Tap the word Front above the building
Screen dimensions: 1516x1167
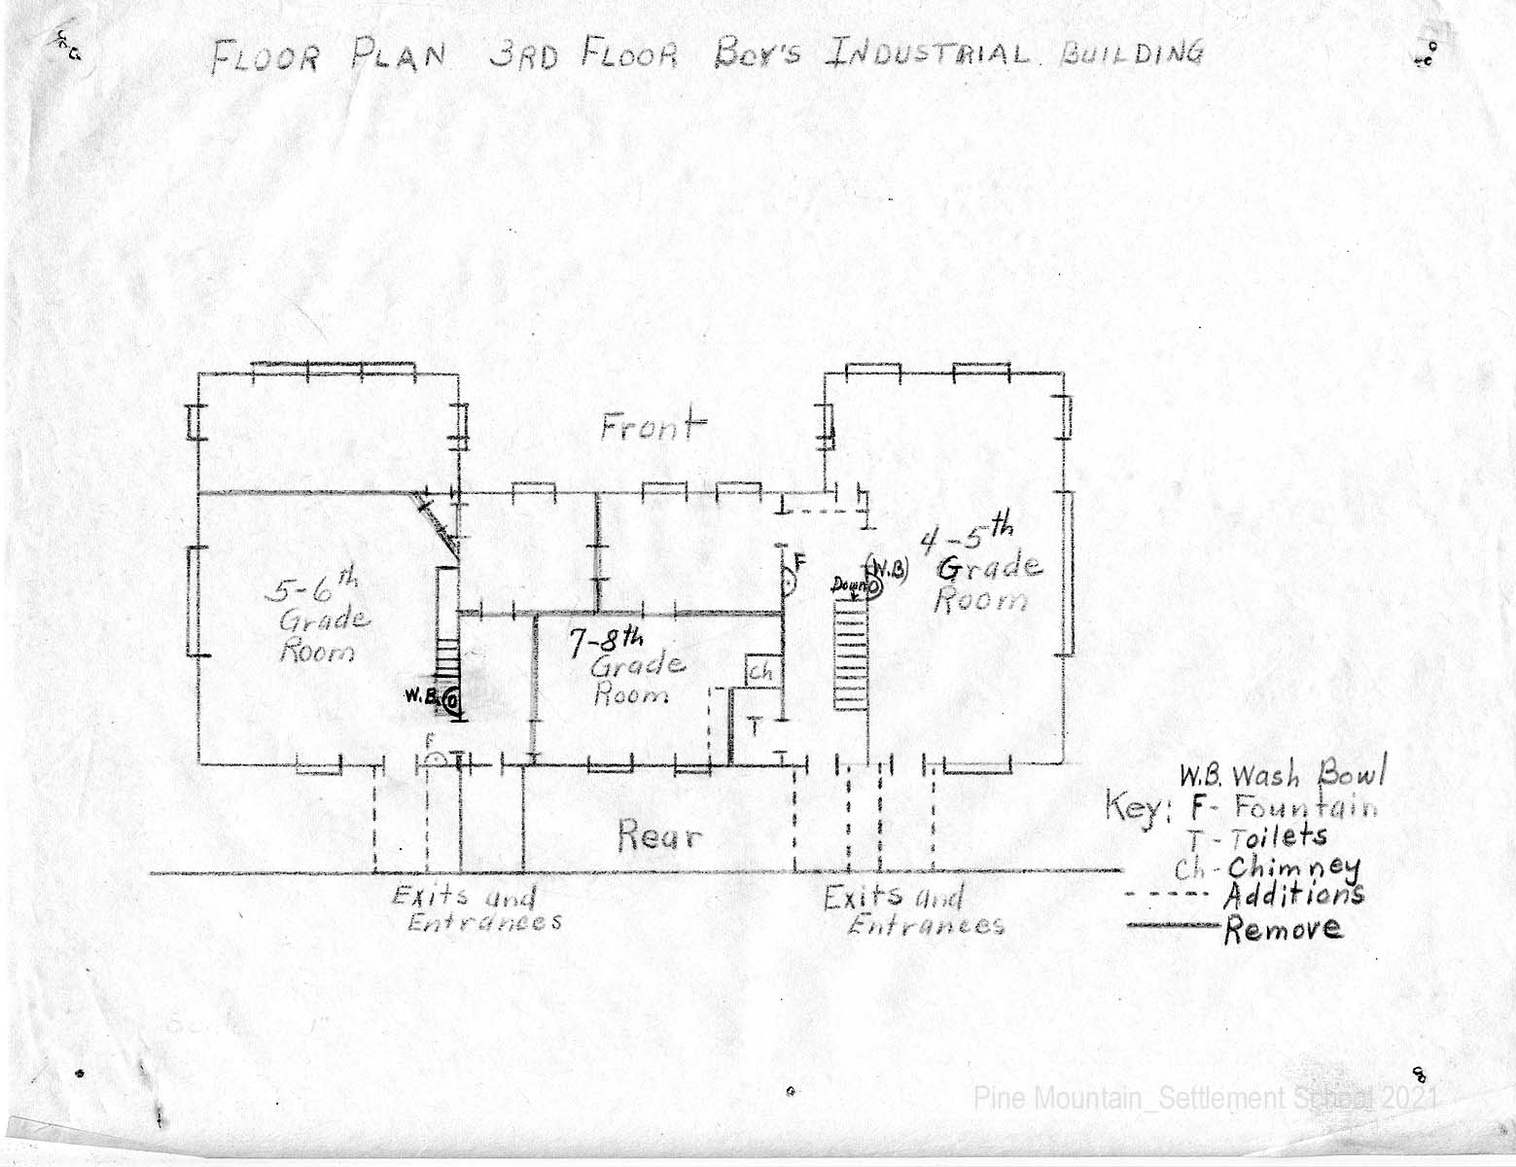653,426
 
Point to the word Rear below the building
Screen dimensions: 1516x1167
658,835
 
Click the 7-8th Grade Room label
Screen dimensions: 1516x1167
626,666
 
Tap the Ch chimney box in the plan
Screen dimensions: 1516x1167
761,670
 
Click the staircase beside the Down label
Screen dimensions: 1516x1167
850,655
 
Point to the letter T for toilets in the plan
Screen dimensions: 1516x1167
755,726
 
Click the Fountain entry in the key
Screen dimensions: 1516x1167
1283,808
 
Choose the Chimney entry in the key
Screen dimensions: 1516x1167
1267,869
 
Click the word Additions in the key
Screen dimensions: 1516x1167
1293,895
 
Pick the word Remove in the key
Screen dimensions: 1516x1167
1283,929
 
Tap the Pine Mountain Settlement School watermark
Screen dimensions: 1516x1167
1206,1098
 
